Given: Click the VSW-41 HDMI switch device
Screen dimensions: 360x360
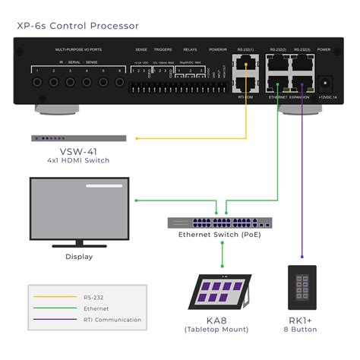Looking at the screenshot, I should [x=78, y=138].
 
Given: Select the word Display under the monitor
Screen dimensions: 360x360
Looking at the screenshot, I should [x=78, y=257].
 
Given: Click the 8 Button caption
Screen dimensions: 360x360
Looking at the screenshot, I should [x=299, y=330].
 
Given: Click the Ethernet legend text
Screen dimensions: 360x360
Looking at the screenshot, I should [x=96, y=308].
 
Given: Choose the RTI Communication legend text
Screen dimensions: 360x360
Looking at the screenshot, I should [x=112, y=320].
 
